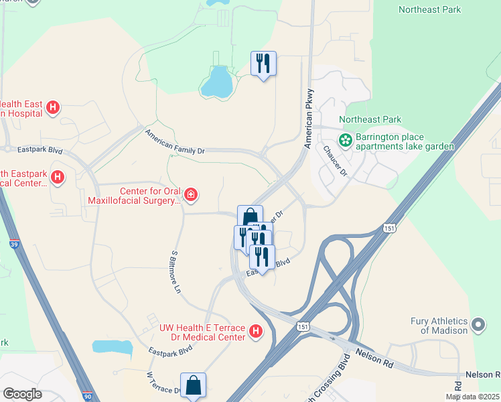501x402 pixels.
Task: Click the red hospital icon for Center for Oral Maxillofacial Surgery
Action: coord(191,195)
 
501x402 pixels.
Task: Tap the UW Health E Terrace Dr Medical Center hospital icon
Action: coord(255,331)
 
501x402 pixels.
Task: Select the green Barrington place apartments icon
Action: coord(346,141)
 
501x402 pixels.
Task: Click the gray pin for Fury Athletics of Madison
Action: coord(478,326)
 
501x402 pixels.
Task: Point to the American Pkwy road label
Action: coord(309,118)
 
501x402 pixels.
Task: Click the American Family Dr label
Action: coord(175,142)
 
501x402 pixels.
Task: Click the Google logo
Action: coord(23,394)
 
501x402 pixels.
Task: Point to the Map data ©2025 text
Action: coord(472,397)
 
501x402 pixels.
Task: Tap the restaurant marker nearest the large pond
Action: coord(263,64)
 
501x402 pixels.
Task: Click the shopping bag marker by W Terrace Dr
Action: coord(193,385)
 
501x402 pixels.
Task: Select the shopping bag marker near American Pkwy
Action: coord(250,217)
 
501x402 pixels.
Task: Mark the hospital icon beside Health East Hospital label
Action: coord(54,107)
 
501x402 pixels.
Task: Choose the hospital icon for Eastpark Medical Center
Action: coord(58,177)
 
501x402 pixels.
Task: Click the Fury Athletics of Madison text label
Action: coord(439,326)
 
